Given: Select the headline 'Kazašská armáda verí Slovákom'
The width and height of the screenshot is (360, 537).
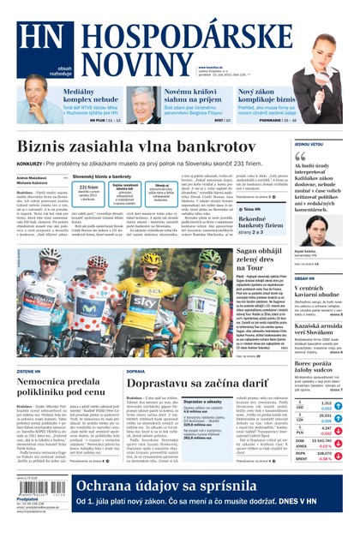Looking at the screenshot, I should click(321, 331).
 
